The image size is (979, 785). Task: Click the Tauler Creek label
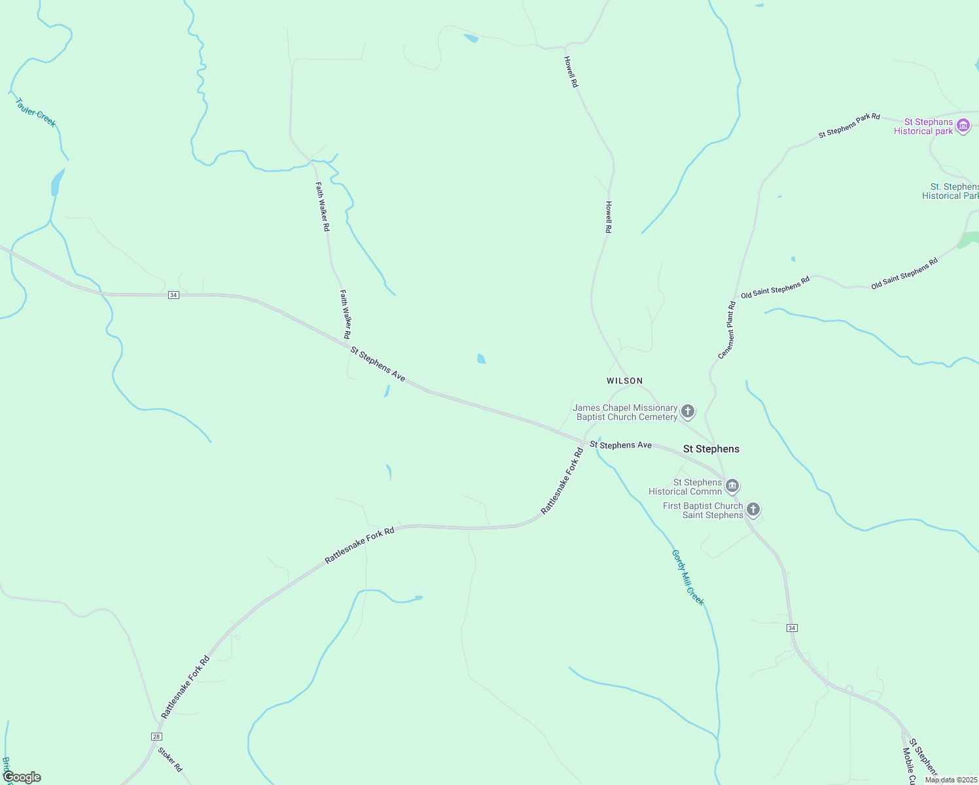[x=35, y=113]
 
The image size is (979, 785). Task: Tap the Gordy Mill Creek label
[x=688, y=578]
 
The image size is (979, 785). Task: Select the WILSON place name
[x=624, y=381]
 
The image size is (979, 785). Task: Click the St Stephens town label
[x=711, y=449]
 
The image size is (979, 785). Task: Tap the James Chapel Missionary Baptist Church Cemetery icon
[x=687, y=411]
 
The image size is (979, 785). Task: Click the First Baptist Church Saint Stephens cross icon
[x=753, y=509]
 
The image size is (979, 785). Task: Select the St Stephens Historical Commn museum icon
[x=732, y=485]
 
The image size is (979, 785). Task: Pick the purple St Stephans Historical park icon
[x=963, y=126]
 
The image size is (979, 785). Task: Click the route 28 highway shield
[x=156, y=737]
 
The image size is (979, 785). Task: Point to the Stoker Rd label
[x=170, y=759]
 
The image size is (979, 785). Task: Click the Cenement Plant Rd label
[x=727, y=330]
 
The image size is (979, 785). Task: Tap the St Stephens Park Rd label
[x=849, y=126]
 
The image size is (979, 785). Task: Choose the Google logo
[x=22, y=777]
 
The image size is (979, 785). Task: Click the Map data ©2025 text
[x=951, y=780]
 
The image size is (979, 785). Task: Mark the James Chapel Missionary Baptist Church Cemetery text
[x=626, y=412]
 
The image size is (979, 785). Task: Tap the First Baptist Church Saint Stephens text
[x=703, y=510]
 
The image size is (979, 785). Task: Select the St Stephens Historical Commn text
[x=685, y=487]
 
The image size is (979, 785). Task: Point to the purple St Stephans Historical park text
[x=923, y=126]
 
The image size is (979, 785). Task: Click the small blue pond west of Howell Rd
[x=482, y=358]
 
